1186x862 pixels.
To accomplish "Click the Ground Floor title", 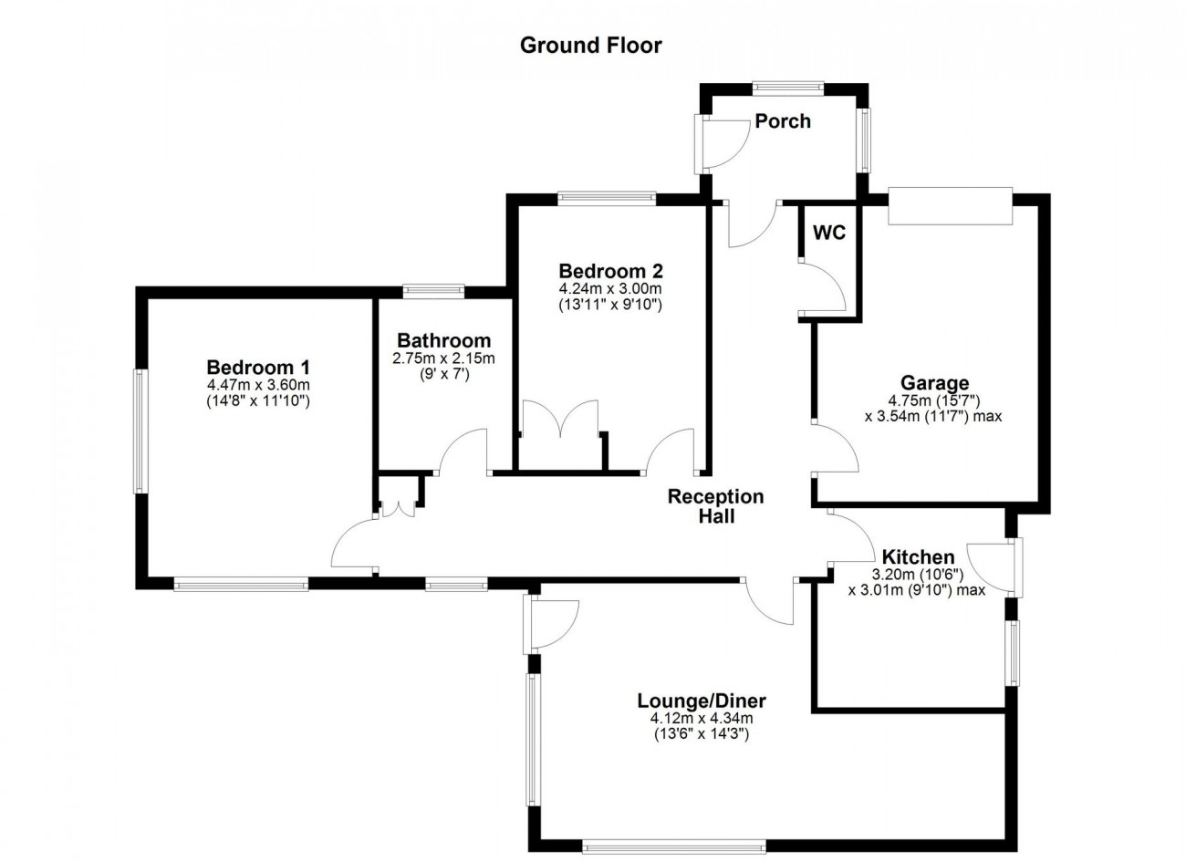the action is pos(590,46).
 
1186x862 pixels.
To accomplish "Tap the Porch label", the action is pos(783,120).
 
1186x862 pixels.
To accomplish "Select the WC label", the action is pos(829,233).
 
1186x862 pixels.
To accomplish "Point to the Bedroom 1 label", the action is pos(258,367).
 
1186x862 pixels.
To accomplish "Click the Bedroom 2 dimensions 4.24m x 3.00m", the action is pos(610,289).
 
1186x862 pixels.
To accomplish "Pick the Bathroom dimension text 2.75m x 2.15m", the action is pos(443,358).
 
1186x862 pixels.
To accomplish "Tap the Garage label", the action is pos(934,383).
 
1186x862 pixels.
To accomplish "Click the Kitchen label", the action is pos(918,557).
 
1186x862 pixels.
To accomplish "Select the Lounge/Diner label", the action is pos(702,701).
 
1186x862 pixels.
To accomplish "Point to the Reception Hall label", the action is pos(716,506).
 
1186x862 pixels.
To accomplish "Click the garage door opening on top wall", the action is pos(951,206).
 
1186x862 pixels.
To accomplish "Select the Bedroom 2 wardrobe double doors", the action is pos(560,417).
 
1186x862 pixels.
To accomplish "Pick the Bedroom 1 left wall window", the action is pos(140,431).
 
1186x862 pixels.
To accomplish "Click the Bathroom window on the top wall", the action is pos(433,291).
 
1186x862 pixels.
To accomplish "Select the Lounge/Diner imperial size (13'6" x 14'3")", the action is pos(702,734).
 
